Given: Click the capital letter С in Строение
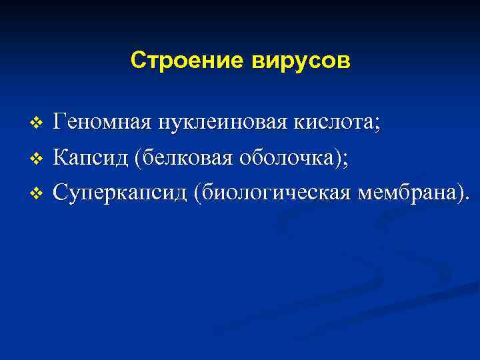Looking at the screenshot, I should pos(138,61).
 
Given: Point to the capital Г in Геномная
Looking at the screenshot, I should pos(59,123).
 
